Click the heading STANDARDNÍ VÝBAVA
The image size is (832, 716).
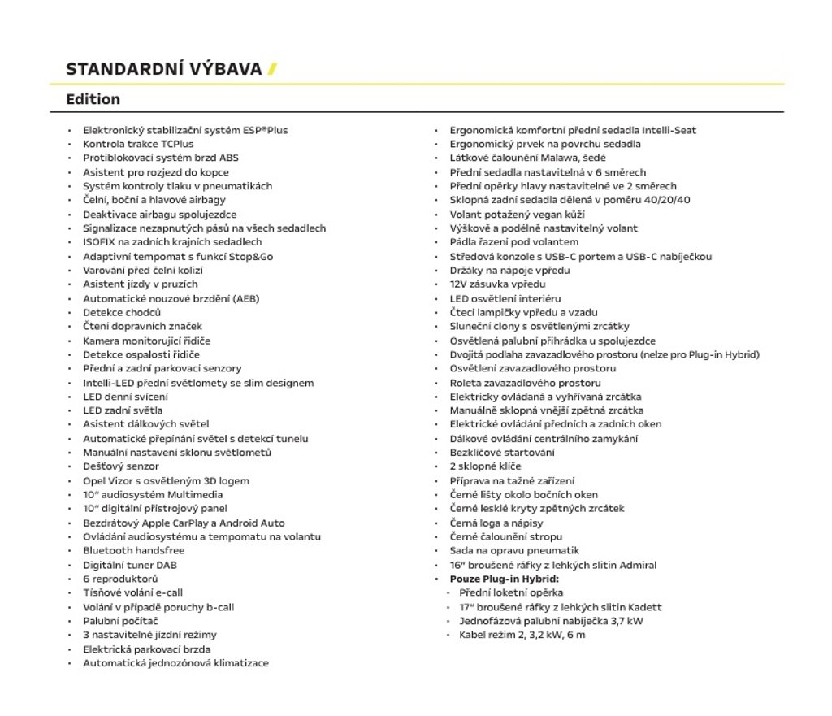click(x=163, y=68)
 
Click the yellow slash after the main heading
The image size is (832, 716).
click(x=273, y=68)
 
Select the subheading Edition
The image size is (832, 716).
click(x=93, y=99)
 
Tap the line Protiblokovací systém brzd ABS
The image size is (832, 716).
click(x=161, y=158)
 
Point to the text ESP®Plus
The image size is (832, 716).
click(x=265, y=130)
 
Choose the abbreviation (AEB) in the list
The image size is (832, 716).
click(x=245, y=298)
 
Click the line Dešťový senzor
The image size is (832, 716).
click(x=121, y=466)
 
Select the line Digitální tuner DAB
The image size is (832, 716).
click(x=130, y=565)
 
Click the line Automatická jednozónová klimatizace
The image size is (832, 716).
click(x=175, y=663)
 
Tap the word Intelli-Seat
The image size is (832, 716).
click(x=669, y=130)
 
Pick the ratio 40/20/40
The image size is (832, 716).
click(x=664, y=200)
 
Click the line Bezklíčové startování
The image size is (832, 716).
click(x=502, y=453)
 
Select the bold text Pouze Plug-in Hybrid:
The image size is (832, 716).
click(x=505, y=579)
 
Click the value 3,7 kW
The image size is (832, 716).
click(x=626, y=621)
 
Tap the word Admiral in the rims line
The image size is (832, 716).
click(x=637, y=565)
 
